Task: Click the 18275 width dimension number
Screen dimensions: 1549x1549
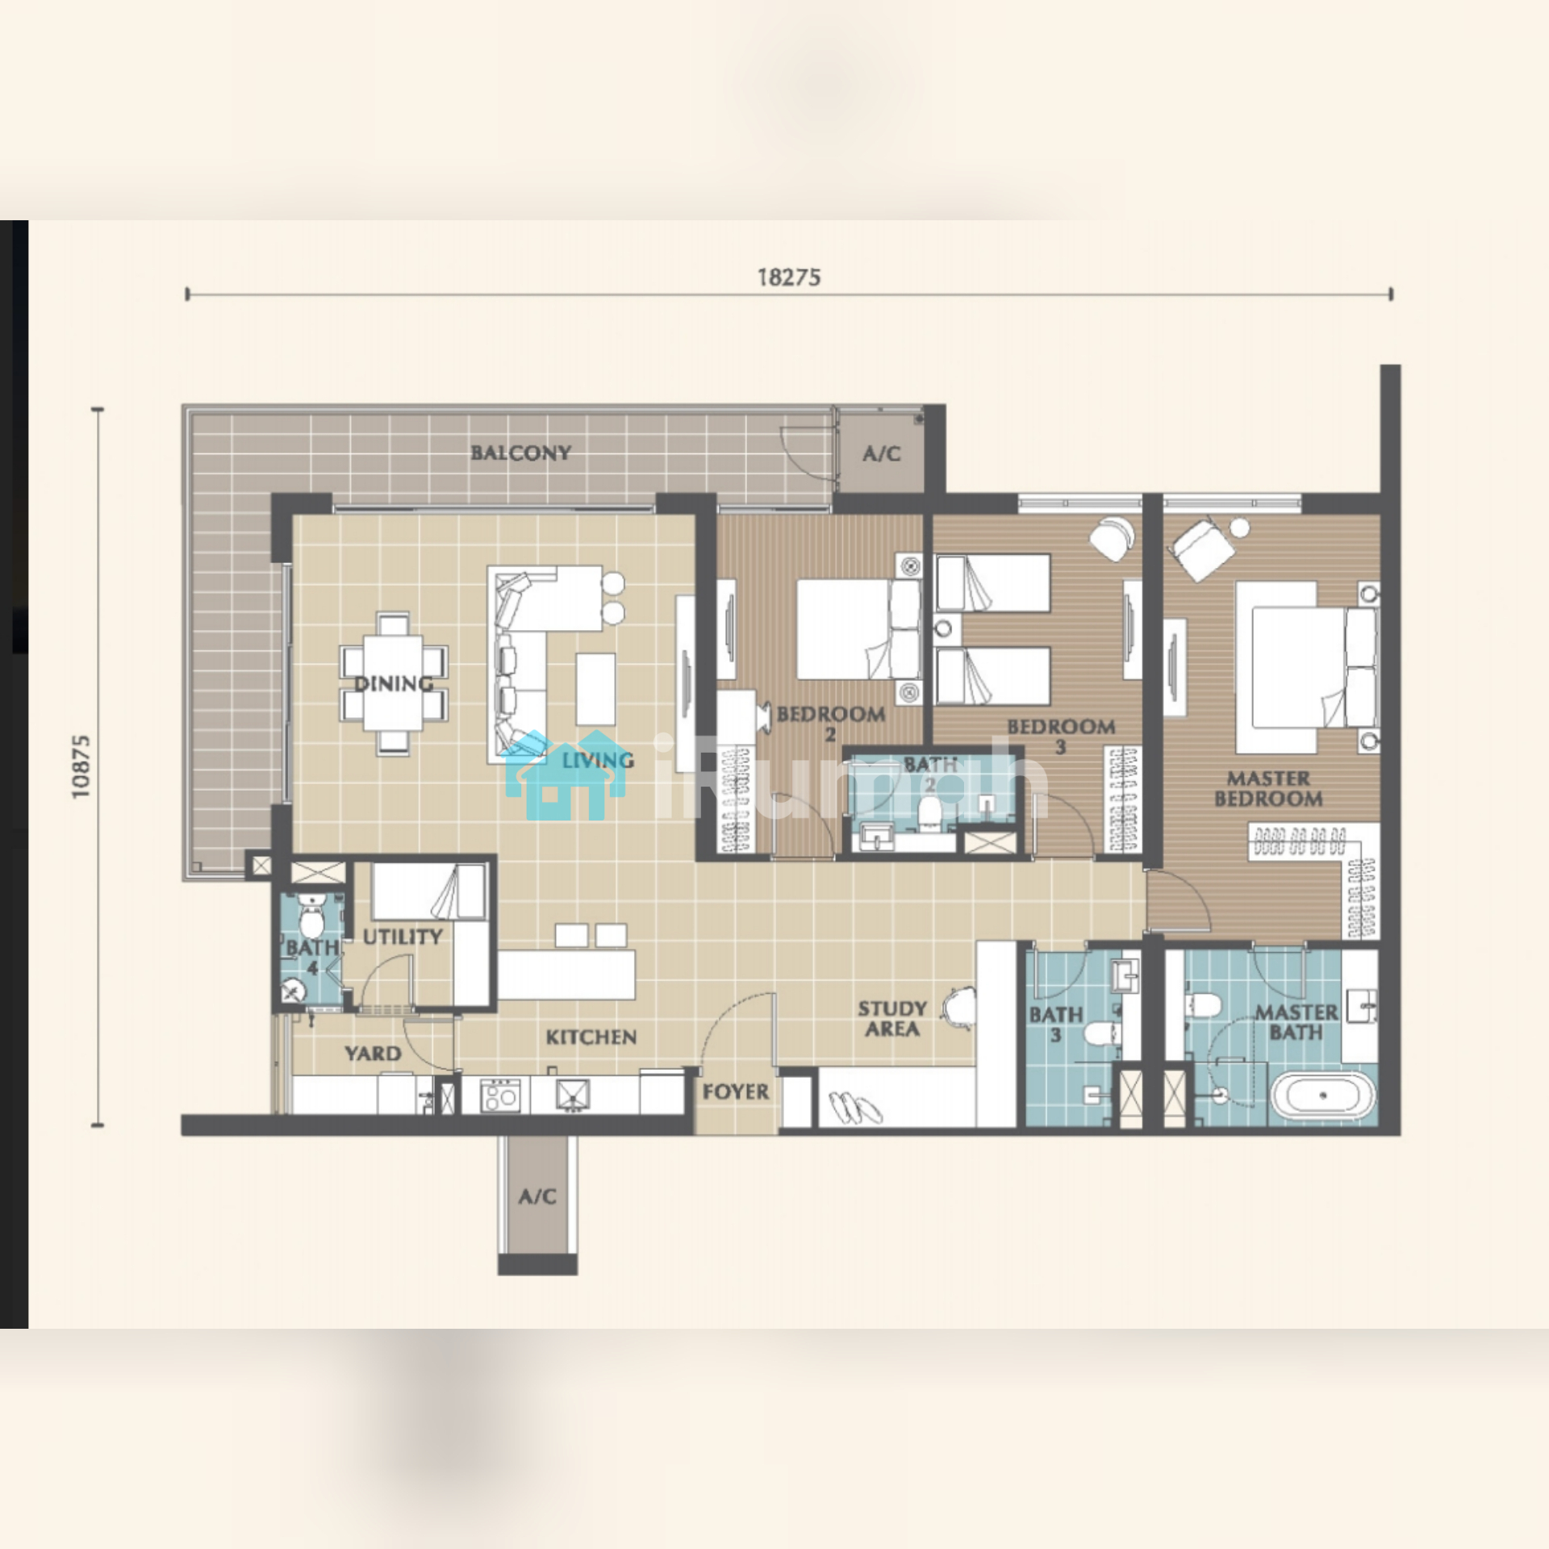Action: [x=789, y=278]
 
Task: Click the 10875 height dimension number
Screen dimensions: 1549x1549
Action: [x=81, y=766]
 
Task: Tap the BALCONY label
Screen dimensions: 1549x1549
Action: [x=521, y=453]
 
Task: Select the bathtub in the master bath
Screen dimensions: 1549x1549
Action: [x=1322, y=1096]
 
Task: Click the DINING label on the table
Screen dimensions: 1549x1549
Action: [x=394, y=684]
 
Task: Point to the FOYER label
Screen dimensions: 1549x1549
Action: [x=735, y=1092]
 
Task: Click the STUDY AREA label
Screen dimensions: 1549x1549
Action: [x=892, y=1018]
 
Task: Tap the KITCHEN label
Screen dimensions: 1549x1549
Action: [x=591, y=1037]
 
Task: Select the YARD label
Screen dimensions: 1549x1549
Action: [x=373, y=1053]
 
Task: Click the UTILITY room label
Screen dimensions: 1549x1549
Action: [x=403, y=937]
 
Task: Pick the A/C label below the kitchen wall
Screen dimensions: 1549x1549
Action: [x=537, y=1196]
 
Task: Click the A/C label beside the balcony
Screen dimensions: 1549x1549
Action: [x=881, y=453]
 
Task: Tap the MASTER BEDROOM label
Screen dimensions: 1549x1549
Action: [x=1268, y=788]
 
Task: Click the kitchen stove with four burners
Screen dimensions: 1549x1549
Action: [x=499, y=1096]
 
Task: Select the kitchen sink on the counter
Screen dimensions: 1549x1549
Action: [x=573, y=1095]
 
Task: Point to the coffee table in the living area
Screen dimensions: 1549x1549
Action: [x=595, y=689]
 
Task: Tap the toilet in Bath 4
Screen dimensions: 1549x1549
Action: [x=311, y=916]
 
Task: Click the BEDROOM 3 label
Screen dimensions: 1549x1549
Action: [x=1061, y=736]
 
